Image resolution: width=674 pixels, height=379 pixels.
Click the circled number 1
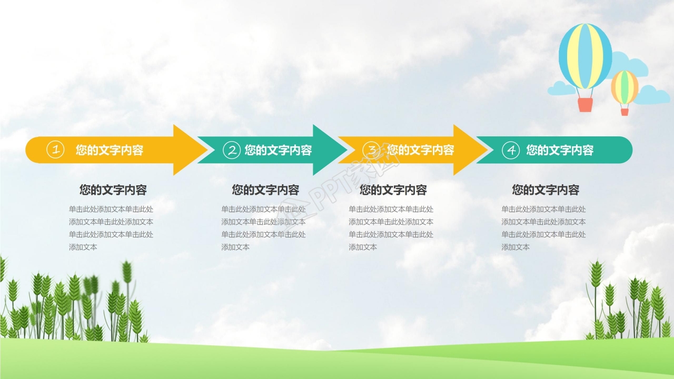[55, 150]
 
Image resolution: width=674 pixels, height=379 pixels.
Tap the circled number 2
[231, 150]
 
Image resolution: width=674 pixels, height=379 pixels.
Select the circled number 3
[372, 150]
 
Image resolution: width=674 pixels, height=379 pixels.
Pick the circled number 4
[510, 150]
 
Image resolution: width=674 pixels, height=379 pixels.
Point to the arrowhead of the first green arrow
[342, 150]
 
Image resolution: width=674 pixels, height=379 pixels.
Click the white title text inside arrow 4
[560, 150]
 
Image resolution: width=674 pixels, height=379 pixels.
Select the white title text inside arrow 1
[110, 150]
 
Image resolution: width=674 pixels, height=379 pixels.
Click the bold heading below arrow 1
[113, 190]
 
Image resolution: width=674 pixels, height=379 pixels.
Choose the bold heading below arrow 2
[266, 190]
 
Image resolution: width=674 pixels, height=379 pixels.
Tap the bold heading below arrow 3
[393, 190]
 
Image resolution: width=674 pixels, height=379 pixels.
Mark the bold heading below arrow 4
[546, 190]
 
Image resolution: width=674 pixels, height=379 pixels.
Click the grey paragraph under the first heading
[111, 228]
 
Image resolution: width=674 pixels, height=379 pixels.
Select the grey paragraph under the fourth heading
[543, 228]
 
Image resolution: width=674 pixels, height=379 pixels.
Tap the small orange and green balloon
[625, 87]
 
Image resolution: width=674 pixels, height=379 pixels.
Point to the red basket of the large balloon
[585, 105]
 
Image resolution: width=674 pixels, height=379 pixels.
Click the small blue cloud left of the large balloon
[561, 88]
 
